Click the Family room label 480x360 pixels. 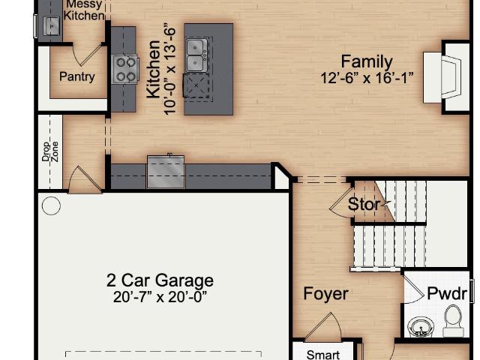pyautogui.click(x=367, y=61)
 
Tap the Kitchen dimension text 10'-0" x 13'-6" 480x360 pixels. pyautogui.click(x=170, y=69)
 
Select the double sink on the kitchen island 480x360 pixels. pyautogui.click(x=195, y=55)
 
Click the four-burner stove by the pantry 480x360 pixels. pyautogui.click(x=125, y=70)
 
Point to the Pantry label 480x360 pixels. pyautogui.click(x=77, y=76)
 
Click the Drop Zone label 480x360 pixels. pyautogui.click(x=50, y=151)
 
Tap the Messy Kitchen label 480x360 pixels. pyautogui.click(x=84, y=10)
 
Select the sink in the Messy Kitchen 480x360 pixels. pyautogui.click(x=52, y=26)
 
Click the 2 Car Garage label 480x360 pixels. pyautogui.click(x=160, y=280)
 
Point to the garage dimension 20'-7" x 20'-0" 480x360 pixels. pyautogui.click(x=160, y=297)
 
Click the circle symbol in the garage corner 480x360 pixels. pyautogui.click(x=51, y=205)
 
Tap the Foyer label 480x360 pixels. pyautogui.click(x=325, y=294)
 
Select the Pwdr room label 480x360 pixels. pyautogui.click(x=447, y=293)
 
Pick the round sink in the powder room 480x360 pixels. pyautogui.click(x=421, y=327)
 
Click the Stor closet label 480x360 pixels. pyautogui.click(x=364, y=204)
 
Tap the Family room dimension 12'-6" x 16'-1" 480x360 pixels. pyautogui.click(x=367, y=78)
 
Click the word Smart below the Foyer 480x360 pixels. pyautogui.click(x=323, y=355)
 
